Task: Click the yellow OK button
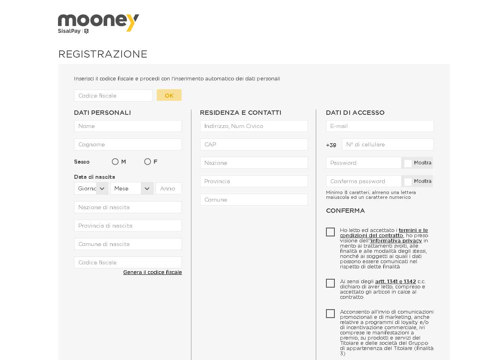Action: [169, 95]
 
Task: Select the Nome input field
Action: [128, 126]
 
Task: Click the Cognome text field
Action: [128, 144]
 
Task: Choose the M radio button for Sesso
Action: [115, 162]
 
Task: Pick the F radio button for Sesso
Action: [148, 162]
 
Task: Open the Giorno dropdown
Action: [91, 188]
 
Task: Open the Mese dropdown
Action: [132, 188]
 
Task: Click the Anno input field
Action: [168, 188]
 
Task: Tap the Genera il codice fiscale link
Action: [152, 272]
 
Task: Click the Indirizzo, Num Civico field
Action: [254, 126]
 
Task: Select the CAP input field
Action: [254, 144]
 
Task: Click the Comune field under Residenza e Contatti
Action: [254, 200]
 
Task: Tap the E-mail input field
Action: [380, 126]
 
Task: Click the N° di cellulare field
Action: [388, 144]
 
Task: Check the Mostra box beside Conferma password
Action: [408, 182]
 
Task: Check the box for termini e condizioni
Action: [330, 232]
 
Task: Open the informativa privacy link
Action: [396, 241]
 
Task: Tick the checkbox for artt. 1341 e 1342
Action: [330, 283]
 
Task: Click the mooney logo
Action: [98, 23]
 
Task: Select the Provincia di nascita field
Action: [128, 226]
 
